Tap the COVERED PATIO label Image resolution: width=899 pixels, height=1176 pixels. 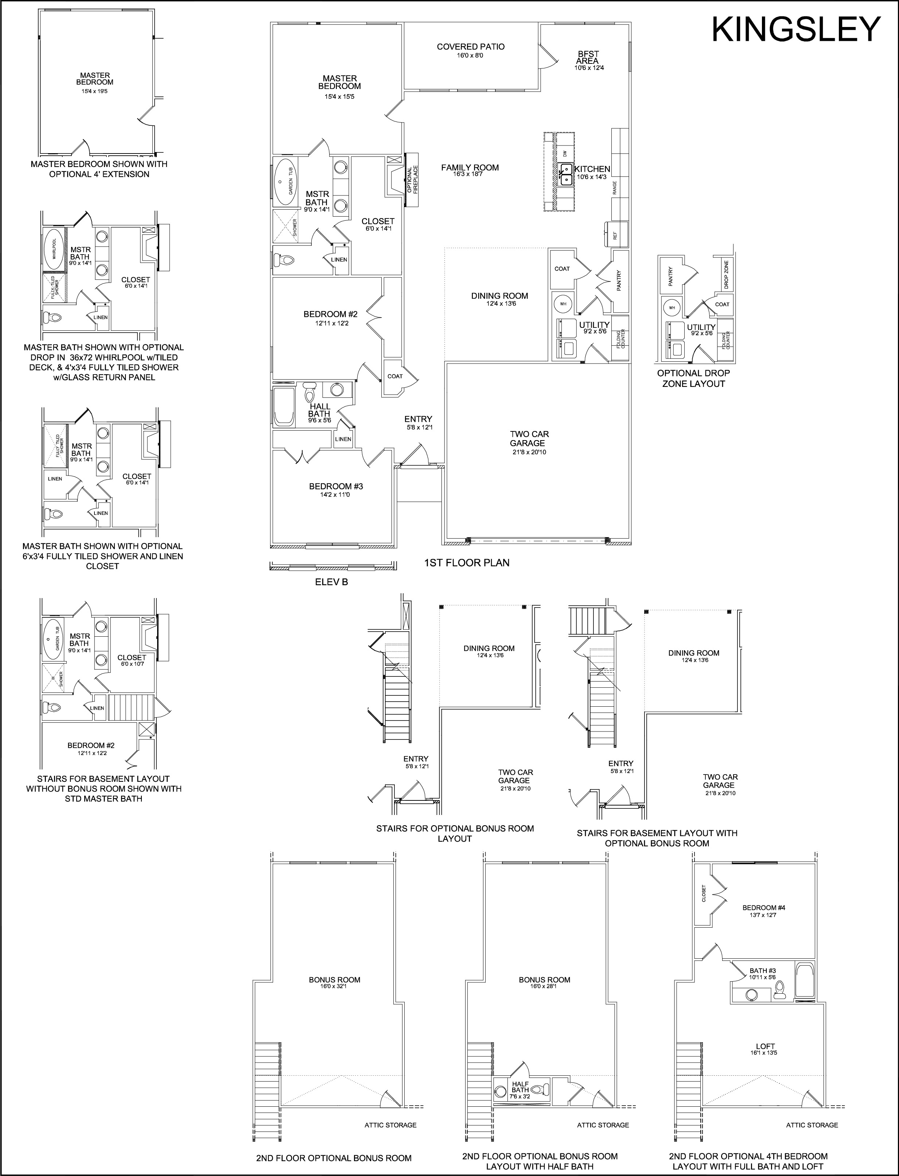pos(470,47)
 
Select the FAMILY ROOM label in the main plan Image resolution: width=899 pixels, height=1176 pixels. pos(470,167)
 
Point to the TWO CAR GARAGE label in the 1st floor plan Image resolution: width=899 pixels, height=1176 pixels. pos(529,438)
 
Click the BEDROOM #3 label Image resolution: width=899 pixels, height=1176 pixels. pos(336,486)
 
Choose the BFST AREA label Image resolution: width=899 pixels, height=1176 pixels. pos(588,57)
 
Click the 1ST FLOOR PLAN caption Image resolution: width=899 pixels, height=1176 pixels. pos(467,563)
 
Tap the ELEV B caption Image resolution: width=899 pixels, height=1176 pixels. pos(332,582)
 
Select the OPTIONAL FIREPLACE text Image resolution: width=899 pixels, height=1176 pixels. pos(412,180)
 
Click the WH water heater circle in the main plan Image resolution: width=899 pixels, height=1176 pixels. pos(563,304)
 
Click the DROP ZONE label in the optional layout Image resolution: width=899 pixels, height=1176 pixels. pos(726,275)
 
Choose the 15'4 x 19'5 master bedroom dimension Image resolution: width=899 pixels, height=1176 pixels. pos(95,92)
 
